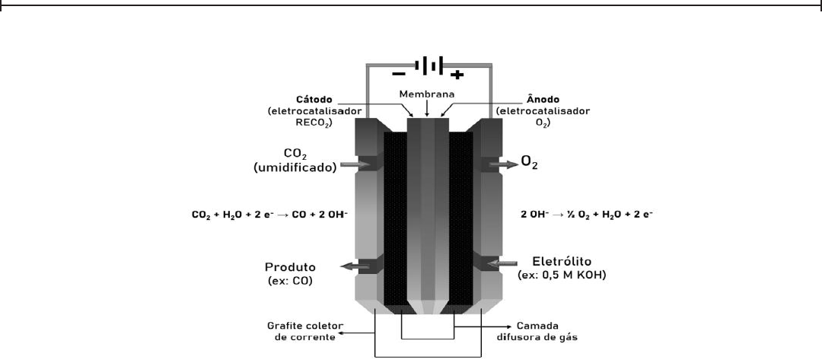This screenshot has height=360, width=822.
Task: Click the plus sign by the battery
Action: [x=457, y=74]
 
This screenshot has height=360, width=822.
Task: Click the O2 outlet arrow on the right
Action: [x=502, y=163]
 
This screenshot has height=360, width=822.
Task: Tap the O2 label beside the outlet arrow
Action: [x=530, y=161]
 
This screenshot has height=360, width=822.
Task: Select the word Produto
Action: [x=290, y=267]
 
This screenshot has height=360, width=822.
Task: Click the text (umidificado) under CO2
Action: [x=295, y=169]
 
